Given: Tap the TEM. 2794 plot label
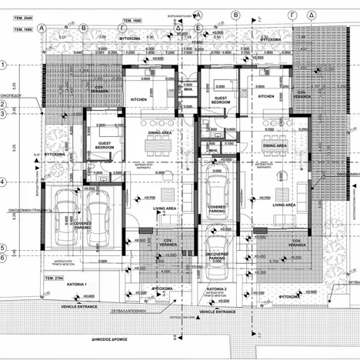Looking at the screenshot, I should [x=52, y=275].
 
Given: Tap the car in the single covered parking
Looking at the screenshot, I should [x=218, y=198].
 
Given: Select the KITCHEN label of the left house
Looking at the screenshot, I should [x=138, y=99].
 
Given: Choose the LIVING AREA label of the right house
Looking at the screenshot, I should [x=284, y=205].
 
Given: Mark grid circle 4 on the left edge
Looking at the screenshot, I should [x=5, y=182].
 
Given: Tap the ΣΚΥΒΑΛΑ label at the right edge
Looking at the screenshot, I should [x=352, y=282].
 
